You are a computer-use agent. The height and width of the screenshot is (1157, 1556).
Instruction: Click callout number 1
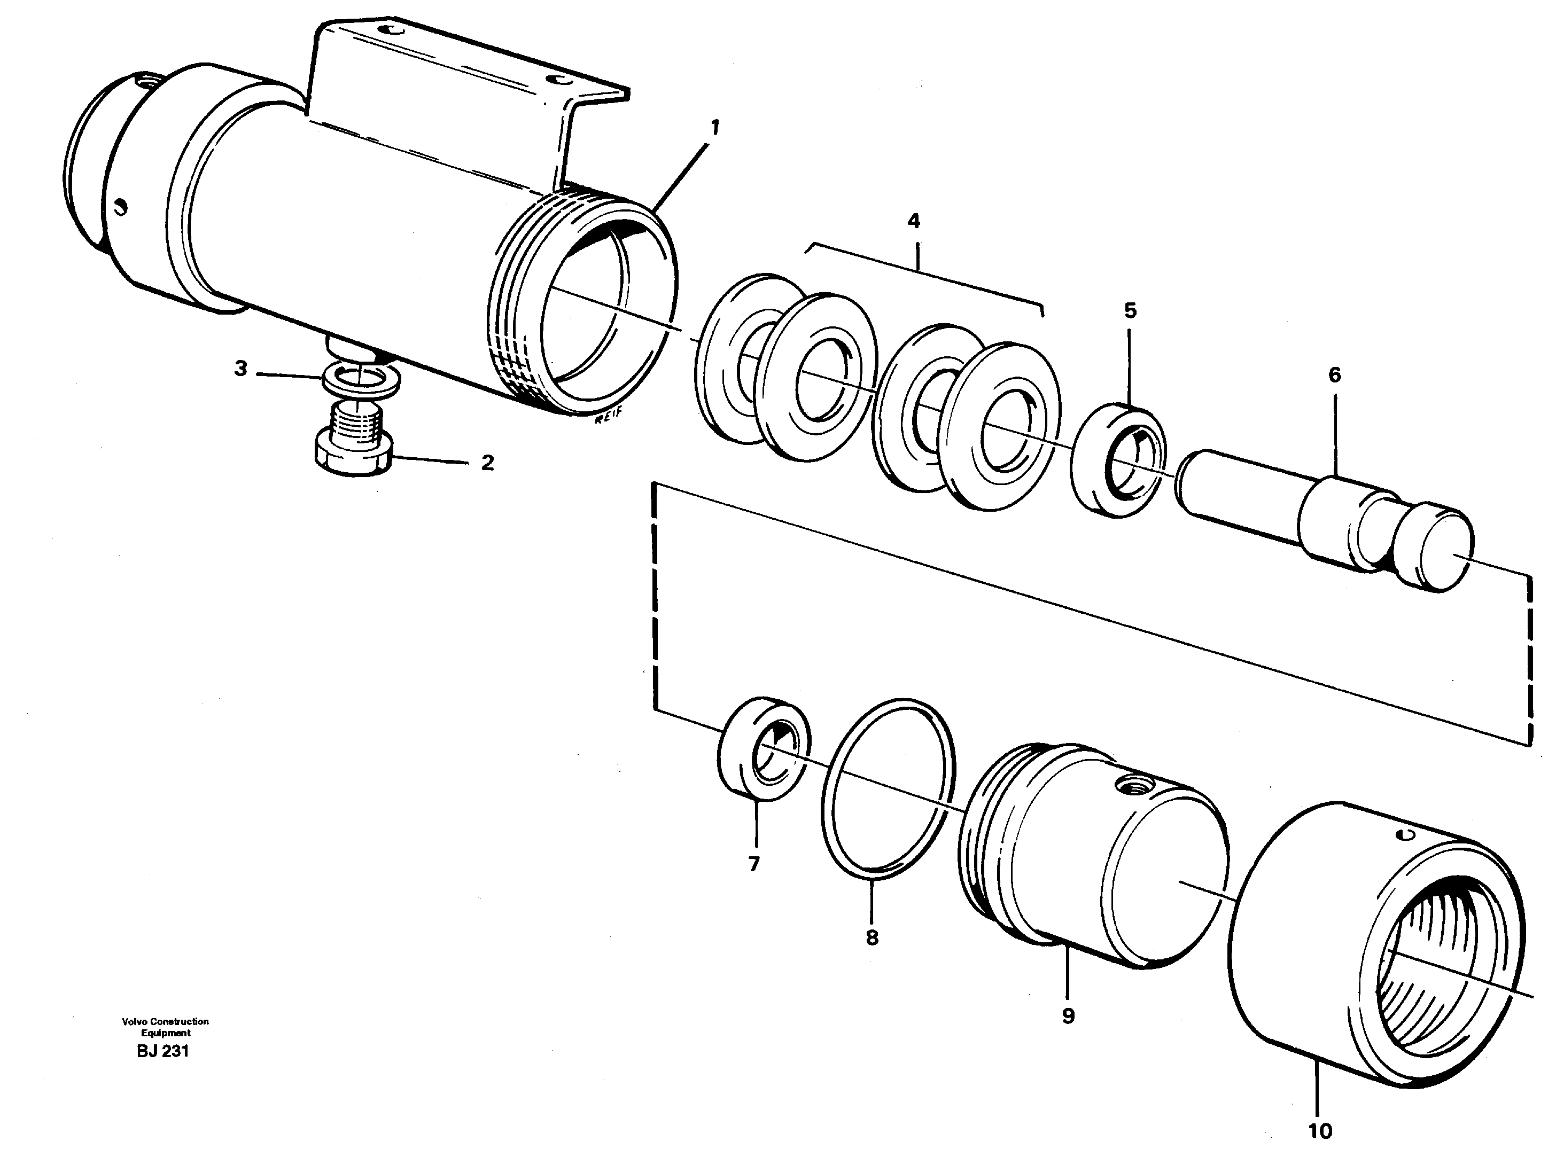click(714, 128)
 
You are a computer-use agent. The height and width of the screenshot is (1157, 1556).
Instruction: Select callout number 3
click(240, 369)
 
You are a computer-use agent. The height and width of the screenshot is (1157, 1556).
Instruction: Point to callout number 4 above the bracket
click(914, 221)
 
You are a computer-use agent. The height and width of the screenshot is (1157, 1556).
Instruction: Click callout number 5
click(1130, 310)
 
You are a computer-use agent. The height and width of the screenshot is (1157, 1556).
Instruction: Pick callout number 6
click(1335, 376)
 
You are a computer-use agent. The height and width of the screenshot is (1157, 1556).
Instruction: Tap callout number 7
click(754, 865)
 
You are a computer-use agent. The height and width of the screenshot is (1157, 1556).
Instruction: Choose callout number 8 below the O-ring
click(872, 938)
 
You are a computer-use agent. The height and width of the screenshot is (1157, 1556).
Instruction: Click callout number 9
click(1068, 1016)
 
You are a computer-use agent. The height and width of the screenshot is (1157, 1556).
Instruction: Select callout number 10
click(1320, 1131)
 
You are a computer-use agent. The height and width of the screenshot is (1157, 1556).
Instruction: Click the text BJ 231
click(163, 1051)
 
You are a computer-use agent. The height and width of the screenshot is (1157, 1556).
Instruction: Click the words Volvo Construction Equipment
click(165, 1027)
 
